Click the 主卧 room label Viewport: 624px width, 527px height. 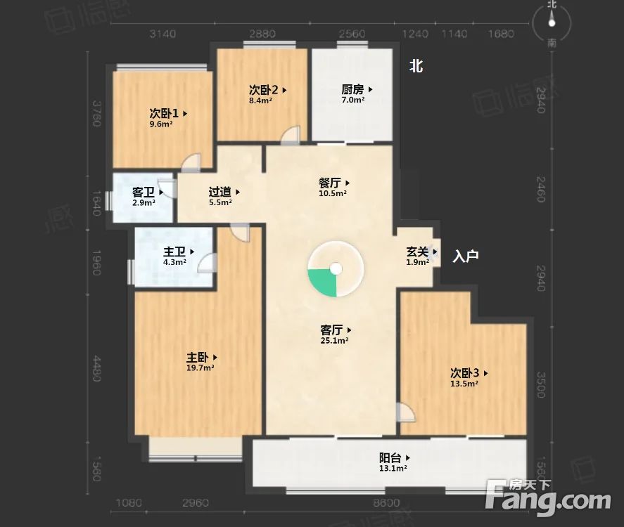tap(198, 357)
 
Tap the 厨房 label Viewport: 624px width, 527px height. tap(353, 89)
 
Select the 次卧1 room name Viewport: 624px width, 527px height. tap(164, 112)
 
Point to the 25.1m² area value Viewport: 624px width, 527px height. tap(334, 340)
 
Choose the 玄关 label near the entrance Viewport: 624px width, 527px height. tap(417, 252)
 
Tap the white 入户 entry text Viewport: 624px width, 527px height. tap(465, 256)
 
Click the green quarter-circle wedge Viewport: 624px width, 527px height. tap(323, 280)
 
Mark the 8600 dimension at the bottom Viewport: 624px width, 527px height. tap(386, 503)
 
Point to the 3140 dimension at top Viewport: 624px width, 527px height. tap(163, 34)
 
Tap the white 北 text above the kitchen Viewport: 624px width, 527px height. tap(416, 67)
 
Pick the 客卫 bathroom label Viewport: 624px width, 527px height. tap(144, 192)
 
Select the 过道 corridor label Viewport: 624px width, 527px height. tap(220, 191)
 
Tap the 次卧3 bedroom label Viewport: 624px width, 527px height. tap(465, 373)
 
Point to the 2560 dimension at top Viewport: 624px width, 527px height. tap(351, 34)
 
